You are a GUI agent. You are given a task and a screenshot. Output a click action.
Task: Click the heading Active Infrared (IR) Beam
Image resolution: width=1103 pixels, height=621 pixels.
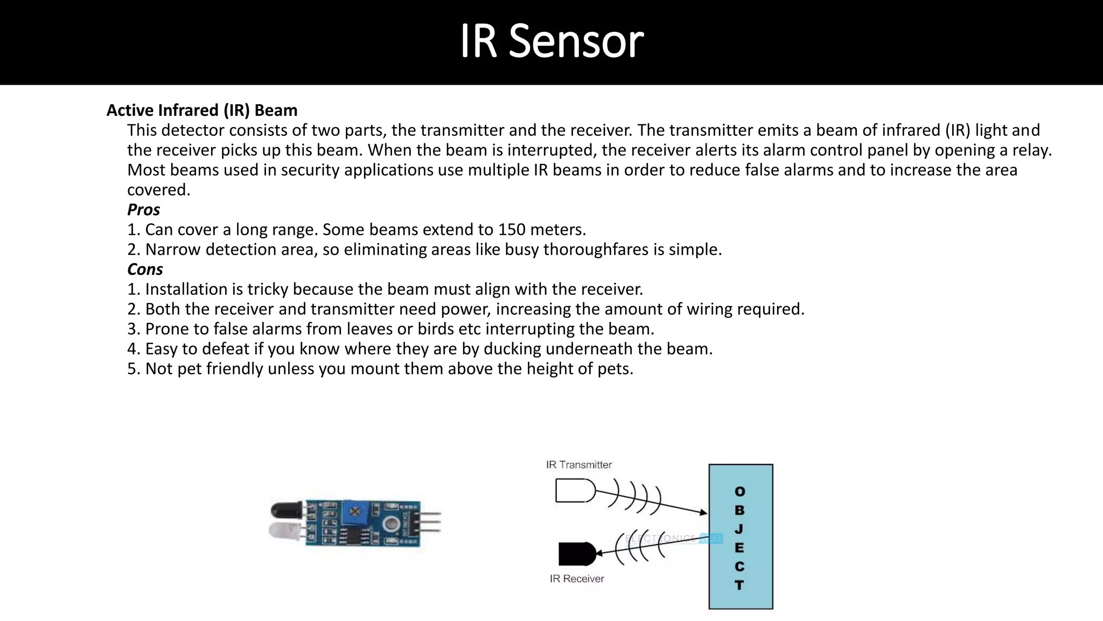202,110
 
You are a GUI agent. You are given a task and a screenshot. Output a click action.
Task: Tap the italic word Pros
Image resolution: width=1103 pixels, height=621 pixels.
143,209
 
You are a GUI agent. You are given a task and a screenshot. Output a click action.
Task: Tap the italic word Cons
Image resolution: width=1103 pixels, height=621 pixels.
145,269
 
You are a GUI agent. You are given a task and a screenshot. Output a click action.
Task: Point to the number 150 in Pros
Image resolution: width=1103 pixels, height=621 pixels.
511,230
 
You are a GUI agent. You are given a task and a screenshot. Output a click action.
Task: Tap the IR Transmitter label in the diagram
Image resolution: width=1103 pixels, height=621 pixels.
578,465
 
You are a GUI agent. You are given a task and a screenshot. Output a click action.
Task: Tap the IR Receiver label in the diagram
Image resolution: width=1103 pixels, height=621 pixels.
576,578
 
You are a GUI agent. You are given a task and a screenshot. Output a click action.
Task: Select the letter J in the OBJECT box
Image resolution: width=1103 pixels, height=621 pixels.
739,529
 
